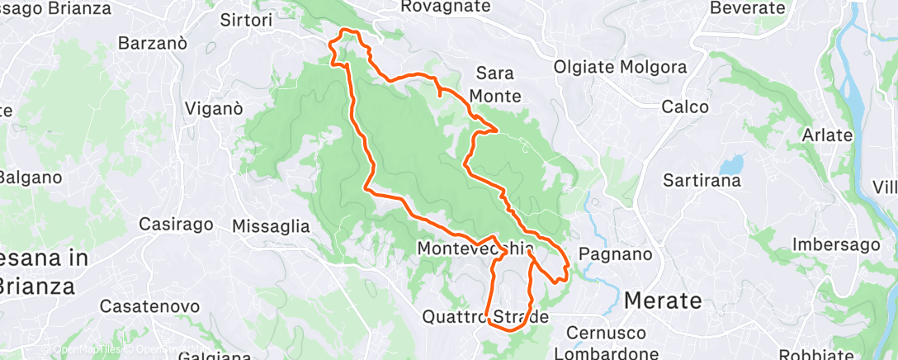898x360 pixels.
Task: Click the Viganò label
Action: pyautogui.click(x=214, y=108)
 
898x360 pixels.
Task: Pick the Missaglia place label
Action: pyautogui.click(x=271, y=225)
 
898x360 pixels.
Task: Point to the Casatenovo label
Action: pyautogui.click(x=149, y=306)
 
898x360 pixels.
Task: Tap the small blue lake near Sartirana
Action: pyautogui.click(x=732, y=162)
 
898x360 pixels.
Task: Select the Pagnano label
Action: pyautogui.click(x=611, y=254)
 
